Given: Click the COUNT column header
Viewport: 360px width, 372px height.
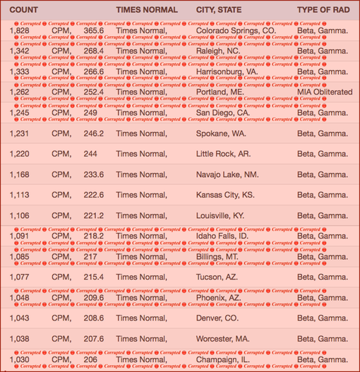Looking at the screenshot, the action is (23, 11).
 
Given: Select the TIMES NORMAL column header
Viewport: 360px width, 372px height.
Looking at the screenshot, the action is (147, 11).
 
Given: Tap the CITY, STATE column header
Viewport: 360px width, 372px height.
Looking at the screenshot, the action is (224, 11).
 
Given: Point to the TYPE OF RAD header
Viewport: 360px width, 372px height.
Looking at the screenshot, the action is (323, 11).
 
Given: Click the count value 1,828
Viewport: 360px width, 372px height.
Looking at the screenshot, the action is (20, 32).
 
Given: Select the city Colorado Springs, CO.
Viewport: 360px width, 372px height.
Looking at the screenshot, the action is (236, 32).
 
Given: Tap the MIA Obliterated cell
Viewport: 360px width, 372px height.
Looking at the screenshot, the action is (324, 92).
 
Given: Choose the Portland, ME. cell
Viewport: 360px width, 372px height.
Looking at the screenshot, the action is (222, 92).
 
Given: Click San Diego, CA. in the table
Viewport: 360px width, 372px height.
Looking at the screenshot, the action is (222, 112).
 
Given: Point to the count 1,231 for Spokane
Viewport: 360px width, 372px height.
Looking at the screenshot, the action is (20, 133).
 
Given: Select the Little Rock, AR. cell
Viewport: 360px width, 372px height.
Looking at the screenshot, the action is (223, 154).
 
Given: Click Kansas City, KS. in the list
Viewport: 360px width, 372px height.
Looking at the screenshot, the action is (225, 195).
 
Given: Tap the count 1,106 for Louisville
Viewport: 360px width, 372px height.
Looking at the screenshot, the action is (20, 215).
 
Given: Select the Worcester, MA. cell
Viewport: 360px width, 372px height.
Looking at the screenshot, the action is (222, 339).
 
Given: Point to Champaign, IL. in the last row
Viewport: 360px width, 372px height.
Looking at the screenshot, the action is (222, 359).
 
